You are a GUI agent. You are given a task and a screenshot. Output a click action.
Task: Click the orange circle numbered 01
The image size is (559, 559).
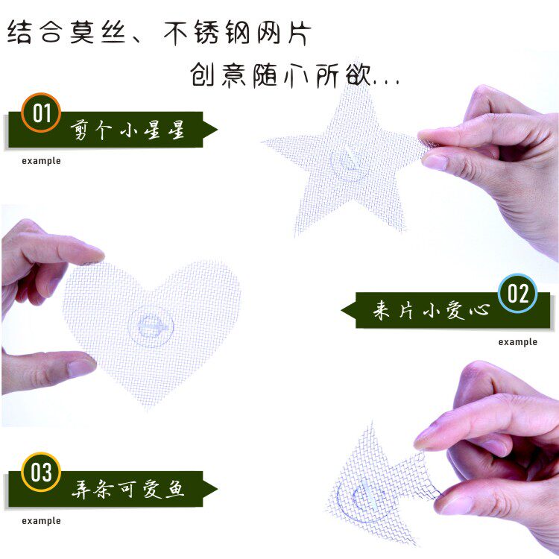coord(41,113)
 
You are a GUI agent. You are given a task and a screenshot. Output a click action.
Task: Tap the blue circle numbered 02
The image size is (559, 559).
coord(517,293)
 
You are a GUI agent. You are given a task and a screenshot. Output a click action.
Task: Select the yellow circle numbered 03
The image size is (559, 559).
coord(41,472)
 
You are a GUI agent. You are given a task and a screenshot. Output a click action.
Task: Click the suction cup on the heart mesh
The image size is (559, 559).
coord(151,326)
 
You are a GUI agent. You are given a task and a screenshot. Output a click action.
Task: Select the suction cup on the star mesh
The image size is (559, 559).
coord(350,162)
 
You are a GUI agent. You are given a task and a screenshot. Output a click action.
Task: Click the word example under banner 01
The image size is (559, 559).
coord(41,161)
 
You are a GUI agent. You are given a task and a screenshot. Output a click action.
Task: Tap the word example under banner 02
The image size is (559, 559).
coord(518,342)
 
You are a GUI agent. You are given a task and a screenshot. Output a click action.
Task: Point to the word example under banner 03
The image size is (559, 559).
coord(41,521)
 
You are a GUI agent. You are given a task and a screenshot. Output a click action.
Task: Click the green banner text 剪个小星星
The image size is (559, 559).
coord(127,130)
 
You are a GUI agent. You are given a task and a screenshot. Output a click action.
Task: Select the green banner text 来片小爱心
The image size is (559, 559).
coord(432,310)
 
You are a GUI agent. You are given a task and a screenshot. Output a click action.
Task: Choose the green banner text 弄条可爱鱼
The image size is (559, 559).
coord(128,489)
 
